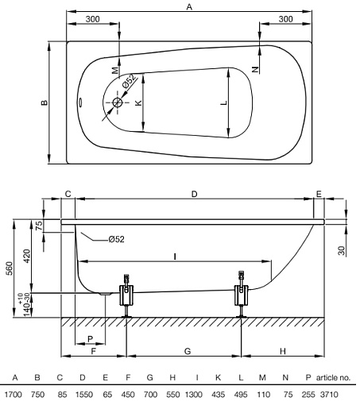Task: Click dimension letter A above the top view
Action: [188, 6]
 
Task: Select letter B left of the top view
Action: [45, 102]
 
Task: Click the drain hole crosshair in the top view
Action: [118, 102]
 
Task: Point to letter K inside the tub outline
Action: [137, 102]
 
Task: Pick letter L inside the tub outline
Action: [224, 103]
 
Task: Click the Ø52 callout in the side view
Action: [115, 238]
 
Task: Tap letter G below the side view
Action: [184, 350]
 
